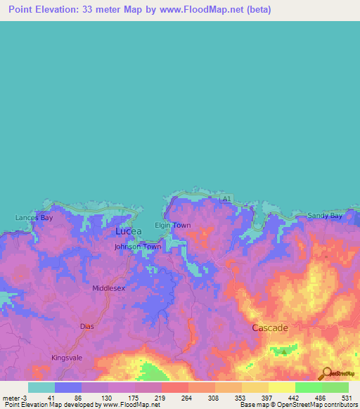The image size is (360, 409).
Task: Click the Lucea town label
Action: [128, 231]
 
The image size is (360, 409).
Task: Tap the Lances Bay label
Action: [34, 218]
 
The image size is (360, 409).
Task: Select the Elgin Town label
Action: [172, 226]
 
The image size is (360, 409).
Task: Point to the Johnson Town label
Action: [138, 247]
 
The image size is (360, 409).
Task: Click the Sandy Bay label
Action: [325, 216]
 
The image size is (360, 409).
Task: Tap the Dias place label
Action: [87, 327]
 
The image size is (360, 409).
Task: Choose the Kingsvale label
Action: [67, 358]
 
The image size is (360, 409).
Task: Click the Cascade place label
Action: [271, 328]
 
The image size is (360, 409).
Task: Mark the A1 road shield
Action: [225, 200]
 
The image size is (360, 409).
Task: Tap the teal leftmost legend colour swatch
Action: [41, 387]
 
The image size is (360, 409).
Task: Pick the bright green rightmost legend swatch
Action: [335, 387]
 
